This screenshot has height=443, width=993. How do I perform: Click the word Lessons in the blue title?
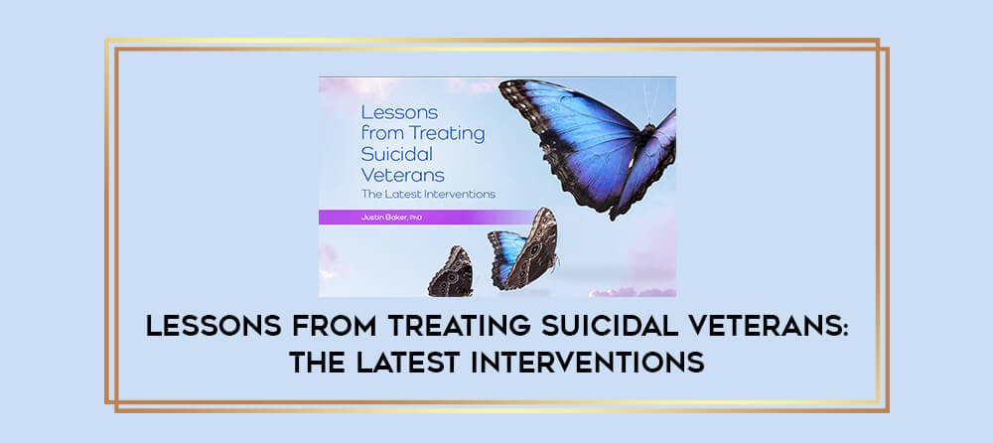click(390, 113)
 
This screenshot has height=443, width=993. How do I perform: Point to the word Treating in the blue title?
click(450, 134)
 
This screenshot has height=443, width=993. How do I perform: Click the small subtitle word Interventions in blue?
click(463, 194)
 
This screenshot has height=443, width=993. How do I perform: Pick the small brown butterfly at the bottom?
click(451, 272)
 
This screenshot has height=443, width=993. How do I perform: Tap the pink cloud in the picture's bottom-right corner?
click(634, 291)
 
